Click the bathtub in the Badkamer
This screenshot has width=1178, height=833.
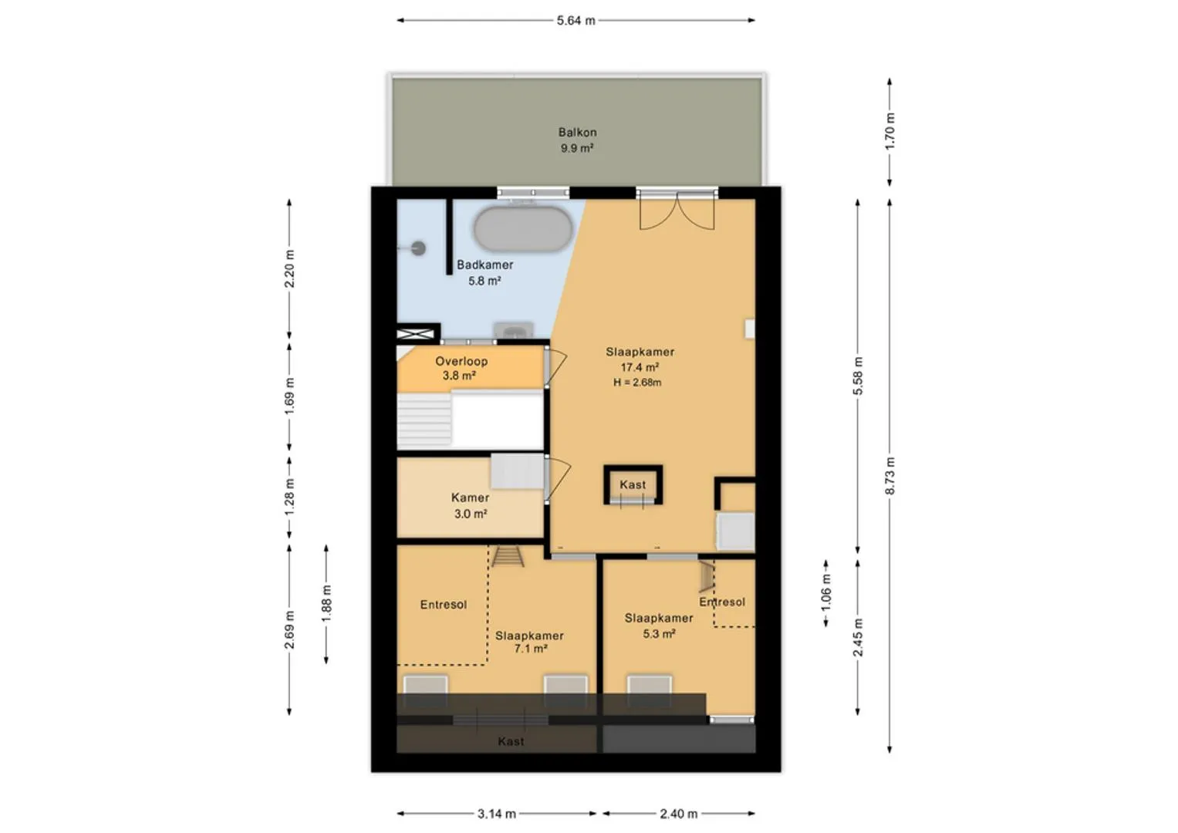click(523, 228)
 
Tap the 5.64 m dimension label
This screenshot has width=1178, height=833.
click(575, 21)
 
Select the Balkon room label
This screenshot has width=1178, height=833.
click(578, 132)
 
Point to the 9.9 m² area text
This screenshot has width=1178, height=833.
click(577, 148)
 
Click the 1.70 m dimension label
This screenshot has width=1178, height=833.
click(889, 131)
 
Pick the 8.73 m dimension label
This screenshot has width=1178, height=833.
click(889, 475)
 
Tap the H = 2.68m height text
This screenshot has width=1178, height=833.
click(637, 383)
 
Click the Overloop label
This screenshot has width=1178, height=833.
click(461, 361)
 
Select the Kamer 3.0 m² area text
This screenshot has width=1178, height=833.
click(471, 514)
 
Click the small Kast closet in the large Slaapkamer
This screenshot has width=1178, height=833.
click(633, 485)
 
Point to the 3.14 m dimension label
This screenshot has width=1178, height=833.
click(497, 814)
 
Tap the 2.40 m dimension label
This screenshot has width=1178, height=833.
click(678, 814)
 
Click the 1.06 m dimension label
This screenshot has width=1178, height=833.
click(825, 592)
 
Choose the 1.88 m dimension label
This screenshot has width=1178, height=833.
click(326, 603)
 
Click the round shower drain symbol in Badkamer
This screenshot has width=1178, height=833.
click(419, 248)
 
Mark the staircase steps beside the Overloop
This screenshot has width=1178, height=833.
click(424, 420)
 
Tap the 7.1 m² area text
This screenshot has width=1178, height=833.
click(531, 649)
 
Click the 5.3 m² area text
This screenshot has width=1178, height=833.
click(659, 634)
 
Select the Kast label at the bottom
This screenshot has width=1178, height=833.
click(511, 741)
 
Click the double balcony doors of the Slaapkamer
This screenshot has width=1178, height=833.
click(677, 211)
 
